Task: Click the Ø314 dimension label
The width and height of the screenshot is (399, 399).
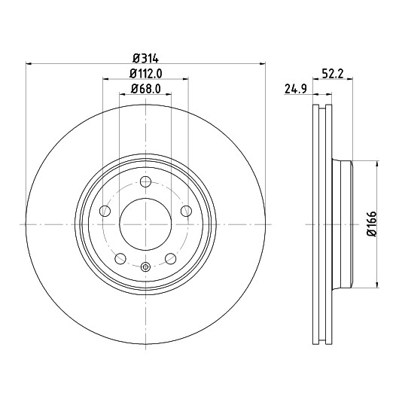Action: click(x=145, y=59)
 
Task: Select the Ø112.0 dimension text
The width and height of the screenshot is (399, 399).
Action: click(x=145, y=74)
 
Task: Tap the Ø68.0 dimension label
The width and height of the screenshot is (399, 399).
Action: click(x=145, y=89)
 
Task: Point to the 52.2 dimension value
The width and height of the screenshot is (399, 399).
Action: click(x=333, y=74)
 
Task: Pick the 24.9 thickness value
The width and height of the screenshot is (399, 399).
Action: click(x=296, y=90)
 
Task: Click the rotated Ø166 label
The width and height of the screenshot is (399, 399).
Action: click(x=372, y=224)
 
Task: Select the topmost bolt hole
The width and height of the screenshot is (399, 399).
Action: click(x=145, y=181)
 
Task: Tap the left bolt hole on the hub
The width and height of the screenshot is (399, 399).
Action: click(x=105, y=211)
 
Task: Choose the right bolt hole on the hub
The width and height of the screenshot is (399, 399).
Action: click(x=186, y=211)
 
